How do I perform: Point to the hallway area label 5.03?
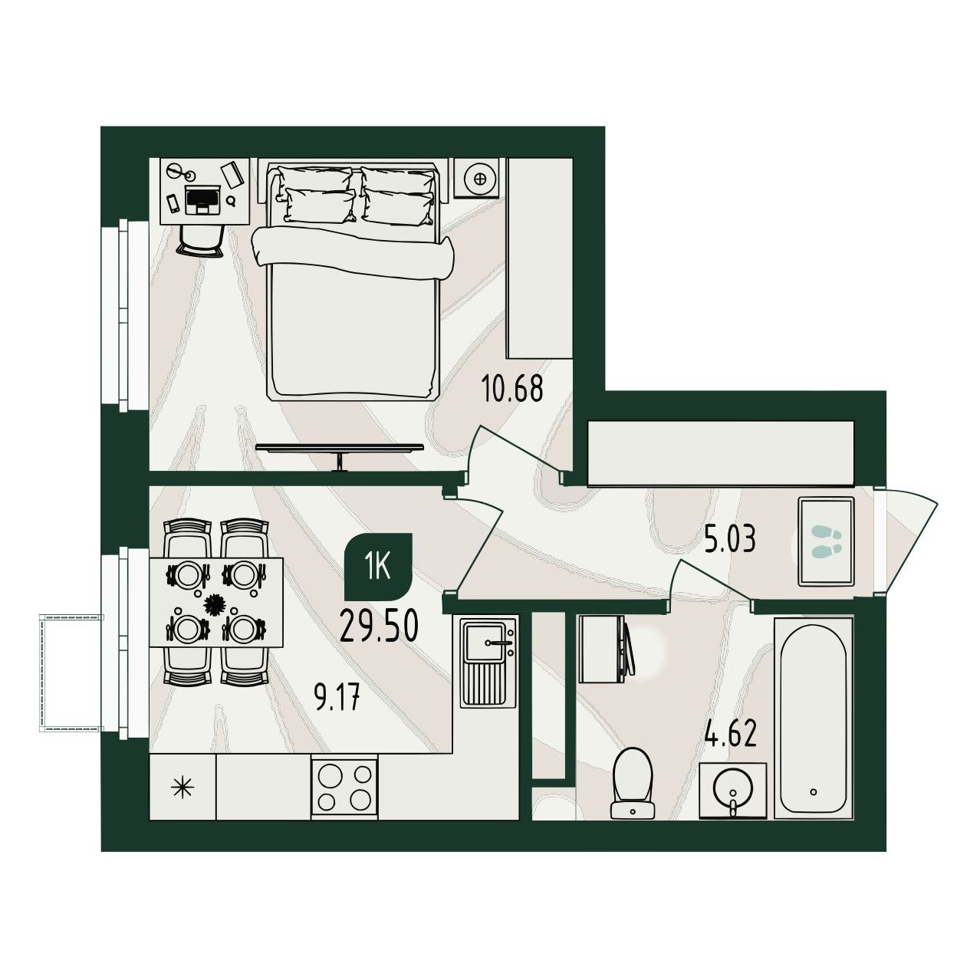[731, 540]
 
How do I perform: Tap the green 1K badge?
[378, 567]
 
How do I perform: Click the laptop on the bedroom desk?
[202, 199]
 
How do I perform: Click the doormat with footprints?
[826, 541]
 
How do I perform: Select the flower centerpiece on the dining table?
[215, 604]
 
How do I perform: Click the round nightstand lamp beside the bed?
[480, 179]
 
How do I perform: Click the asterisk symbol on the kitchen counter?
[183, 788]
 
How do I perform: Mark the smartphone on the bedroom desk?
[173, 203]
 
